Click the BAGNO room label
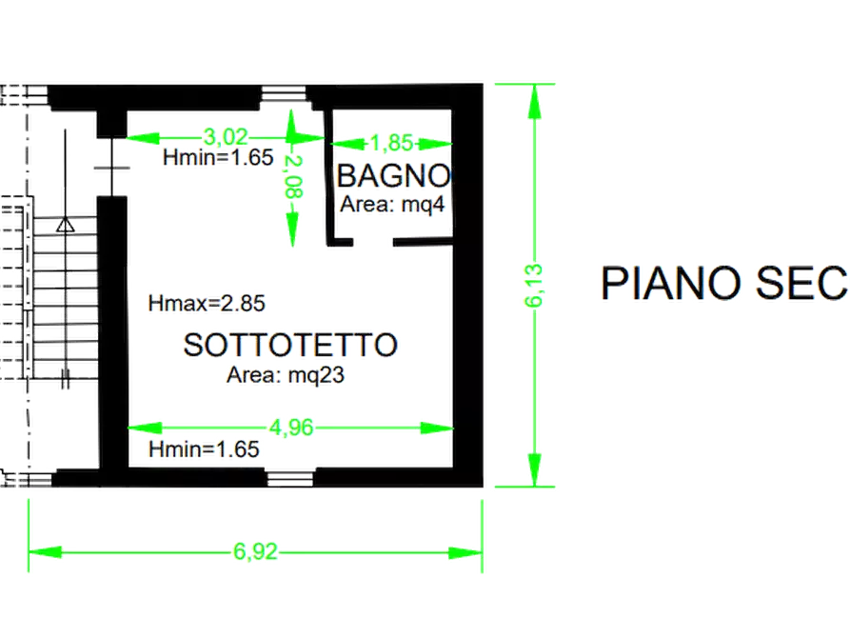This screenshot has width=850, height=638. pos(393,176)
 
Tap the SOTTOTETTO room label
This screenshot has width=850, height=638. pos(290,345)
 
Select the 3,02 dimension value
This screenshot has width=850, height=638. pos(226,137)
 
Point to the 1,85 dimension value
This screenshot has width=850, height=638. pos(392,143)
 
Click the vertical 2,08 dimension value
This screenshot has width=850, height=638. pos(294,176)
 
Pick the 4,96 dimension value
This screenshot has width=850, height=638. pos(291,428)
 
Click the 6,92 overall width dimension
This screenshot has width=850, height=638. pos(255,551)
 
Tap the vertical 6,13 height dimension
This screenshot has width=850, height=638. pos(534,286)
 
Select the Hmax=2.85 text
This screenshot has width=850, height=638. pos(207,303)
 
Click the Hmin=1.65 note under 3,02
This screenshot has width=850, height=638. pos(218,157)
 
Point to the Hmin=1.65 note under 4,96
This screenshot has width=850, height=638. pos(204,449)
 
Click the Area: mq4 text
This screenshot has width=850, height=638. pos(392,205)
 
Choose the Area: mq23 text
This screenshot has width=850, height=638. pos(286,375)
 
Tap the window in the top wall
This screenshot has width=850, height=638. pos(284,94)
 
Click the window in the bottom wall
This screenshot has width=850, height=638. pos(290,478)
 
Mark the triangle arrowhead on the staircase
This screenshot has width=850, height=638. pos(66,224)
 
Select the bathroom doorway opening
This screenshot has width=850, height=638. pos(373,242)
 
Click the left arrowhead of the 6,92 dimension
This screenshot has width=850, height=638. pos(45,552)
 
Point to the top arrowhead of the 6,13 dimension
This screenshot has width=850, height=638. pos(535,102)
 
